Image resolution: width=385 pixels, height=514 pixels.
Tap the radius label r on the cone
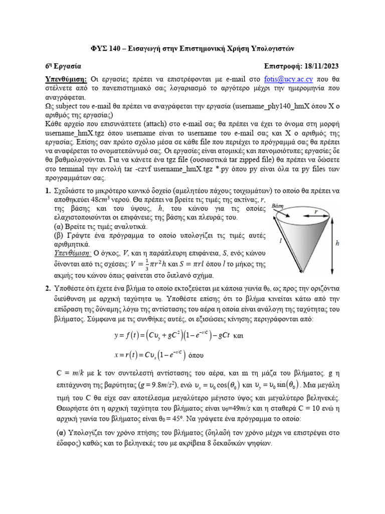[315, 212]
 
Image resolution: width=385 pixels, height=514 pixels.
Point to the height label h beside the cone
[337, 243]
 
